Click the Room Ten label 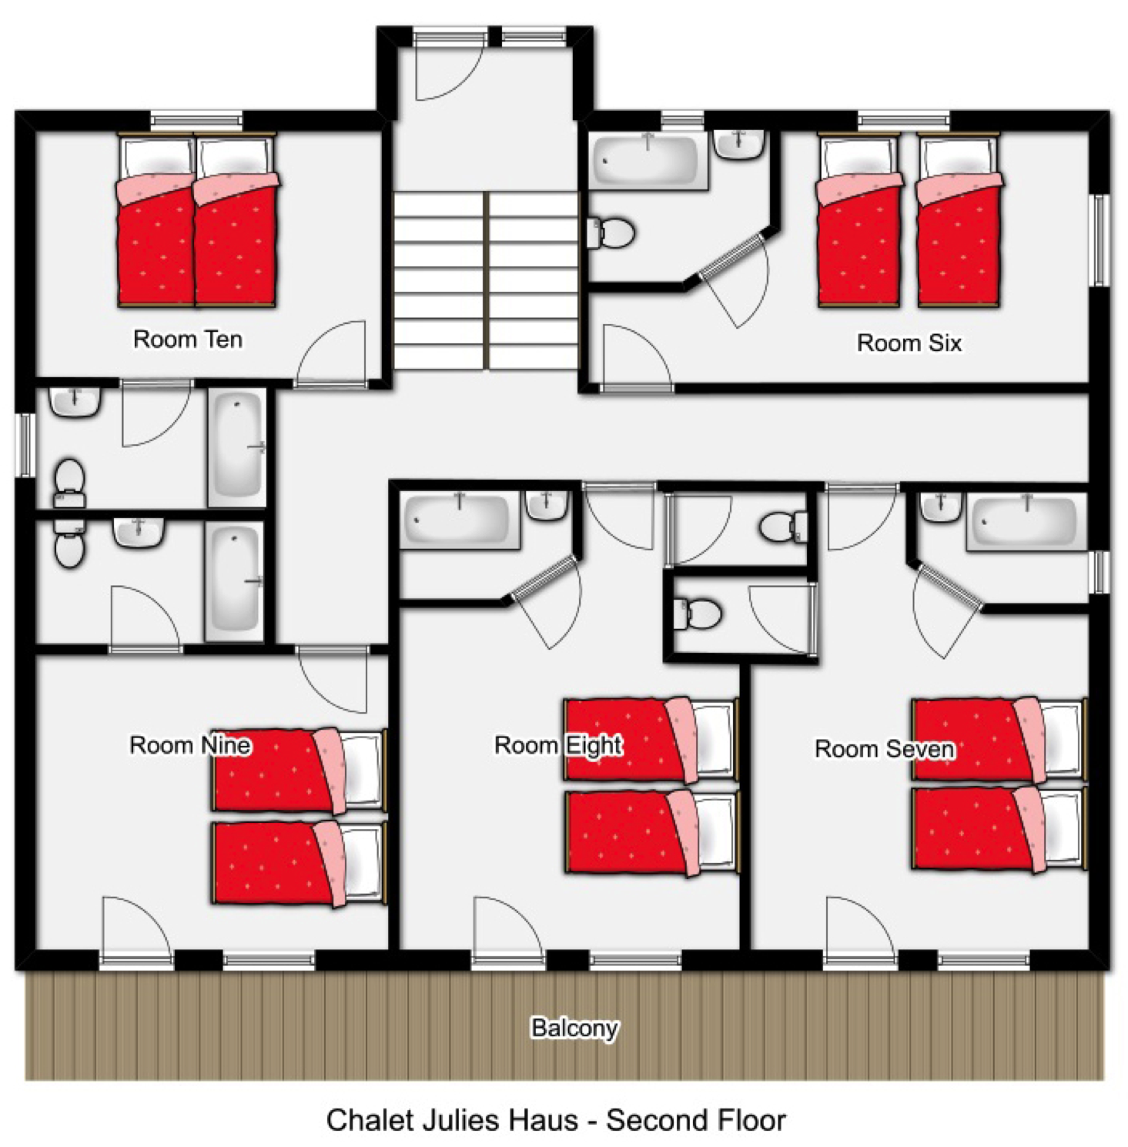[x=188, y=339]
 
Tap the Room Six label [x=909, y=343]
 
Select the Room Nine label [x=190, y=745]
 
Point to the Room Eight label [x=558, y=745]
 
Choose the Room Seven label [x=885, y=749]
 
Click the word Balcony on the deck [x=574, y=1028]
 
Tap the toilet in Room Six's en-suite [x=611, y=232]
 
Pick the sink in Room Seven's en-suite [x=941, y=507]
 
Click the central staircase [x=486, y=281]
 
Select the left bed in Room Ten [x=156, y=221]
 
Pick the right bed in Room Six [x=959, y=221]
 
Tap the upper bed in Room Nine [x=299, y=771]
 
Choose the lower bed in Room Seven [x=999, y=828]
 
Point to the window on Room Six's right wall [x=1101, y=240]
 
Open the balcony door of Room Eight [x=508, y=959]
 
